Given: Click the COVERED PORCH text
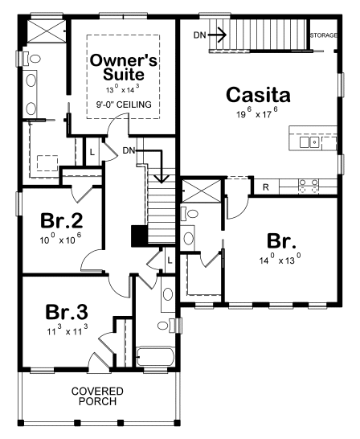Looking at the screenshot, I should point(96,395).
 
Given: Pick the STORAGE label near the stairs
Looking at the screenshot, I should point(323,36).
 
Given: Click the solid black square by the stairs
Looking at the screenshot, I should point(139,236).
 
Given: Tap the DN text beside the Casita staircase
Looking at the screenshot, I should point(200,35).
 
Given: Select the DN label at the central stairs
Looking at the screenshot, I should point(129,151).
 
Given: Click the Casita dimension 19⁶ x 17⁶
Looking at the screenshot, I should point(257,115).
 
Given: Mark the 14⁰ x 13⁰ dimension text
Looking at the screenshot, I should point(280,259).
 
